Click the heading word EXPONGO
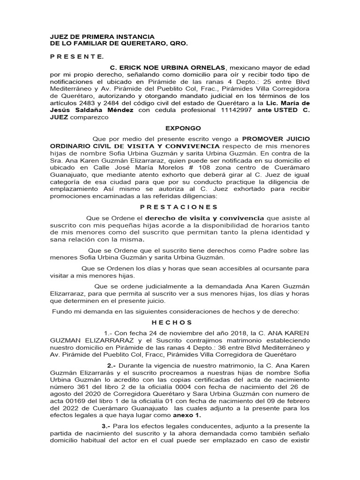183,128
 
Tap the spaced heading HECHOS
172,322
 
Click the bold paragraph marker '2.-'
112,366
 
